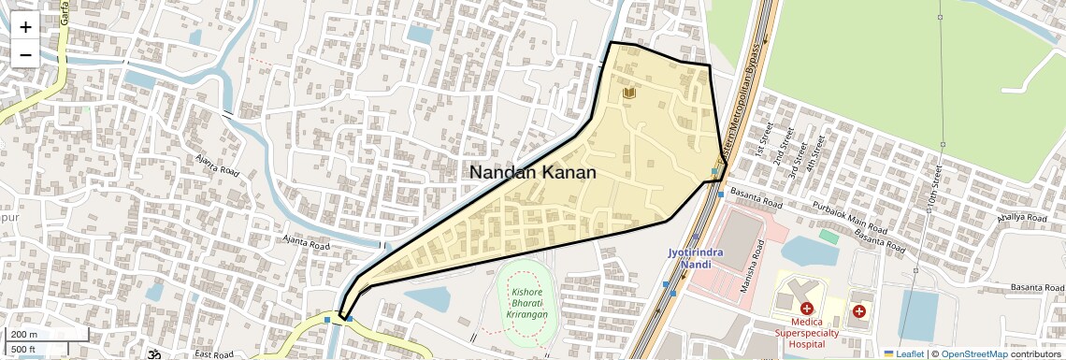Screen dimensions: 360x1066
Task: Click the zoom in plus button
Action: (x=25, y=27)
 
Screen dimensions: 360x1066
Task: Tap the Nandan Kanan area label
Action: (x=532, y=172)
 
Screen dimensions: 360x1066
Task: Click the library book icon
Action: (x=629, y=94)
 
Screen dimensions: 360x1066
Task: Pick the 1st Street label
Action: (x=763, y=137)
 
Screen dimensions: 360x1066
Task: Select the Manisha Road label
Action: (x=753, y=266)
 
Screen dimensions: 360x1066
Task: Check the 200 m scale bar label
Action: (x=25, y=335)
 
